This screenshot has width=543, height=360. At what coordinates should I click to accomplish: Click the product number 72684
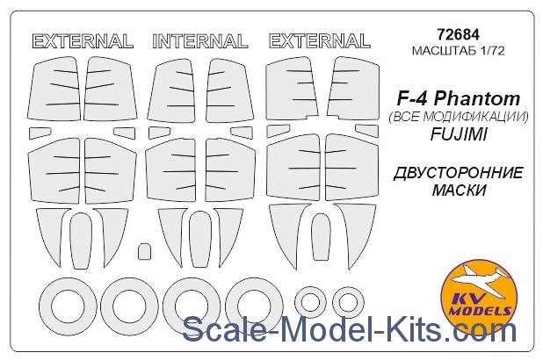[x=458, y=34]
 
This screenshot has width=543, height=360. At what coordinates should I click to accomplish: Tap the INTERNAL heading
[x=200, y=41]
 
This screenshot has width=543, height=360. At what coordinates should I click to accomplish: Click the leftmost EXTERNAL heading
[x=83, y=41]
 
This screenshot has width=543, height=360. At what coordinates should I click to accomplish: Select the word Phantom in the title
[x=477, y=99]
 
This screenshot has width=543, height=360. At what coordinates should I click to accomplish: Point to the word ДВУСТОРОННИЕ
[x=458, y=173]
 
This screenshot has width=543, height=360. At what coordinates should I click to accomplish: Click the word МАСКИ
[x=459, y=191]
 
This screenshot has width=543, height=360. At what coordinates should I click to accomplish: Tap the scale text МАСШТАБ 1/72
[x=458, y=51]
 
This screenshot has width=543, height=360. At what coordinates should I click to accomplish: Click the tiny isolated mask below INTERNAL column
[x=144, y=251]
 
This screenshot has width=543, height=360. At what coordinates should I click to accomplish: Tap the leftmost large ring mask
[x=68, y=306]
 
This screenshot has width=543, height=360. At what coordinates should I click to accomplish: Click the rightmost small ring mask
[x=348, y=303]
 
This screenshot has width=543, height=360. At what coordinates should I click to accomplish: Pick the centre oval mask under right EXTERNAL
[x=321, y=237]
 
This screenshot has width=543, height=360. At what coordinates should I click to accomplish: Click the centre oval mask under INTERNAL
[x=200, y=239]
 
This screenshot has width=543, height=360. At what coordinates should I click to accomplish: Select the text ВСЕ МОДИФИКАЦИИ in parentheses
[x=459, y=118]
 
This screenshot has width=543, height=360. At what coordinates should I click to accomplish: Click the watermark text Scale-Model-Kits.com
[x=350, y=329]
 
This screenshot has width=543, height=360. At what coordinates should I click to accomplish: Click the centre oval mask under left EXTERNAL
[x=81, y=241]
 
